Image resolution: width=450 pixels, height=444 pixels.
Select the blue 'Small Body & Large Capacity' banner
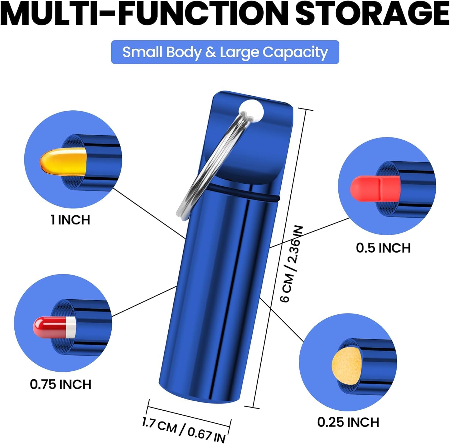(x=225, y=52)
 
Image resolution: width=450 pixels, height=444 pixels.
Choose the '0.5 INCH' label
(x=383, y=248)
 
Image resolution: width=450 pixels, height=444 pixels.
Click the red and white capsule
(x=54, y=327)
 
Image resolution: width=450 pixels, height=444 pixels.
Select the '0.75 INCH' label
(x=61, y=384)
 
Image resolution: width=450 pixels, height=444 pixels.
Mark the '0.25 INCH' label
(x=348, y=422)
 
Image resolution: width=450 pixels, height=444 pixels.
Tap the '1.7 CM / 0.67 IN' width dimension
(x=184, y=429)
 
